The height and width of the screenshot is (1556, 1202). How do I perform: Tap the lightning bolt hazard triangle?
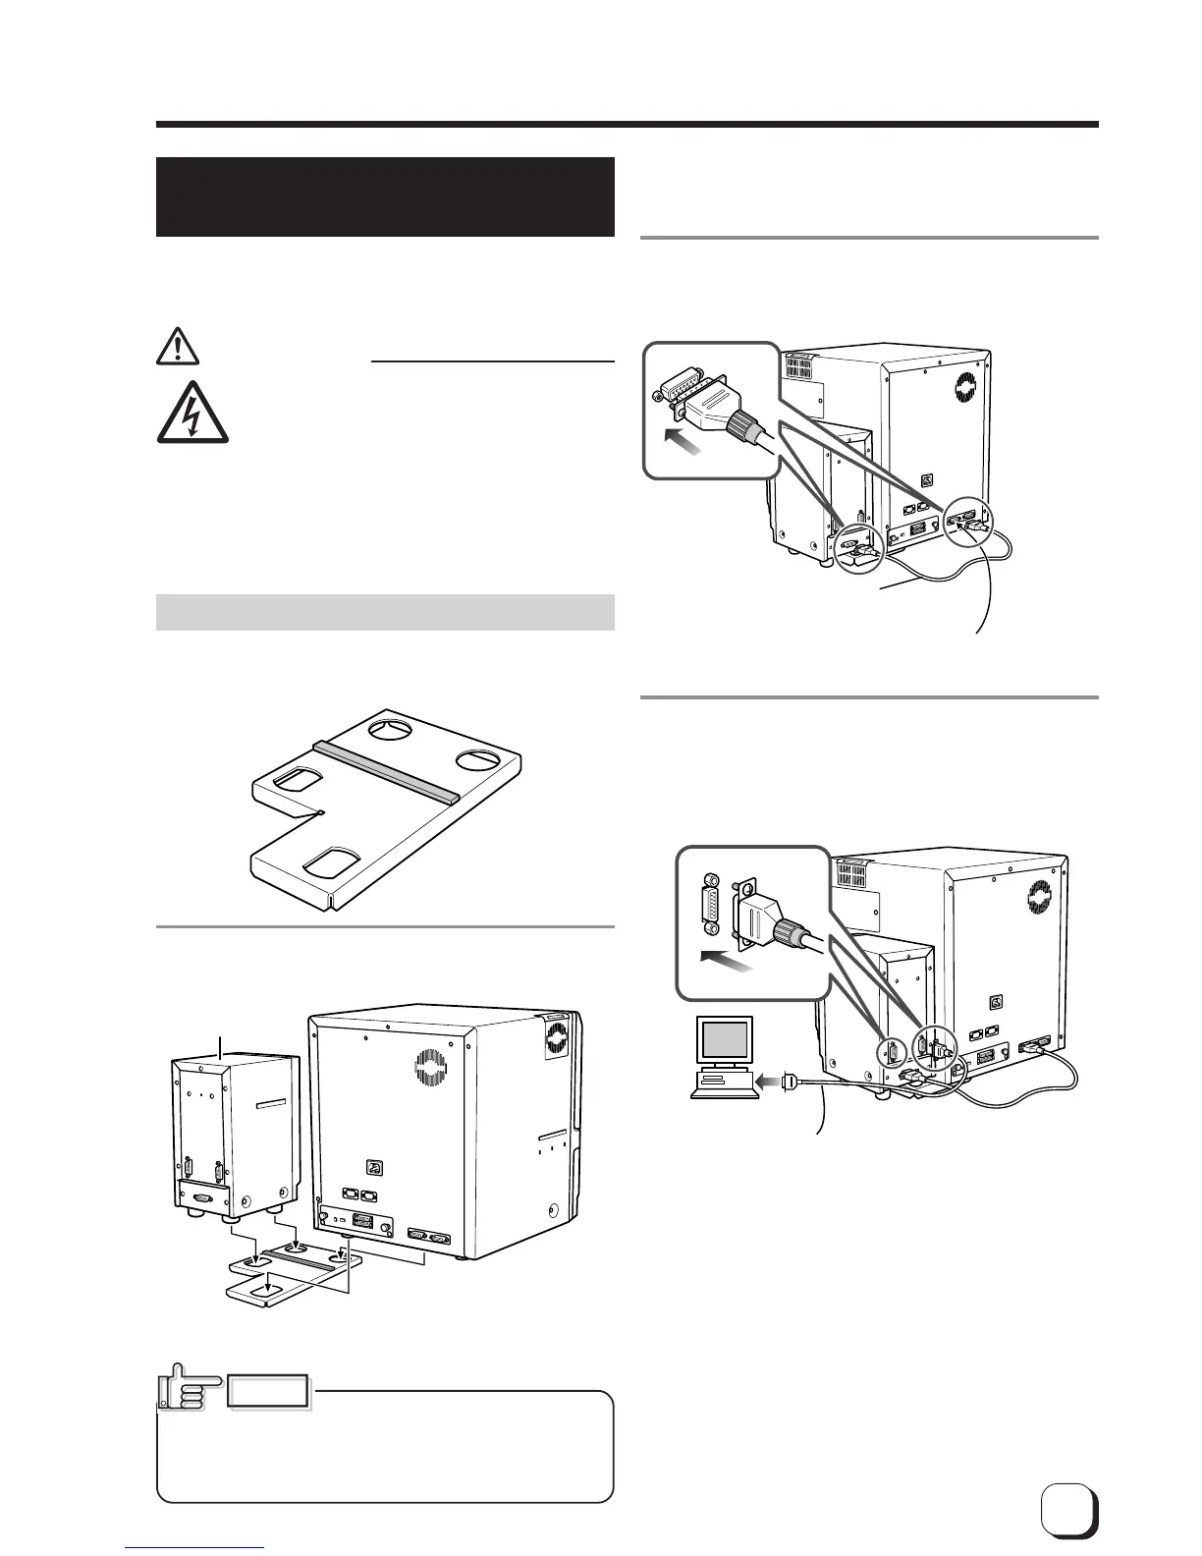click(191, 413)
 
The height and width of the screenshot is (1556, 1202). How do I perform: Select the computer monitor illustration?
click(725, 1044)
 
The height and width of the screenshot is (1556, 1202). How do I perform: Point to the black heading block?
click(385, 196)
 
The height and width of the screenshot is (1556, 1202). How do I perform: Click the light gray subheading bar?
click(385, 612)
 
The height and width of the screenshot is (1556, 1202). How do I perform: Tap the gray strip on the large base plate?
click(385, 769)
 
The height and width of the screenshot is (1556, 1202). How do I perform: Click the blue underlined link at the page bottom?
click(195, 1548)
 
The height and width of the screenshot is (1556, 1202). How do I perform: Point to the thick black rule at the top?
click(627, 125)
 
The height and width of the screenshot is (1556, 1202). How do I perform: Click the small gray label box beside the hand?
click(269, 1391)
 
